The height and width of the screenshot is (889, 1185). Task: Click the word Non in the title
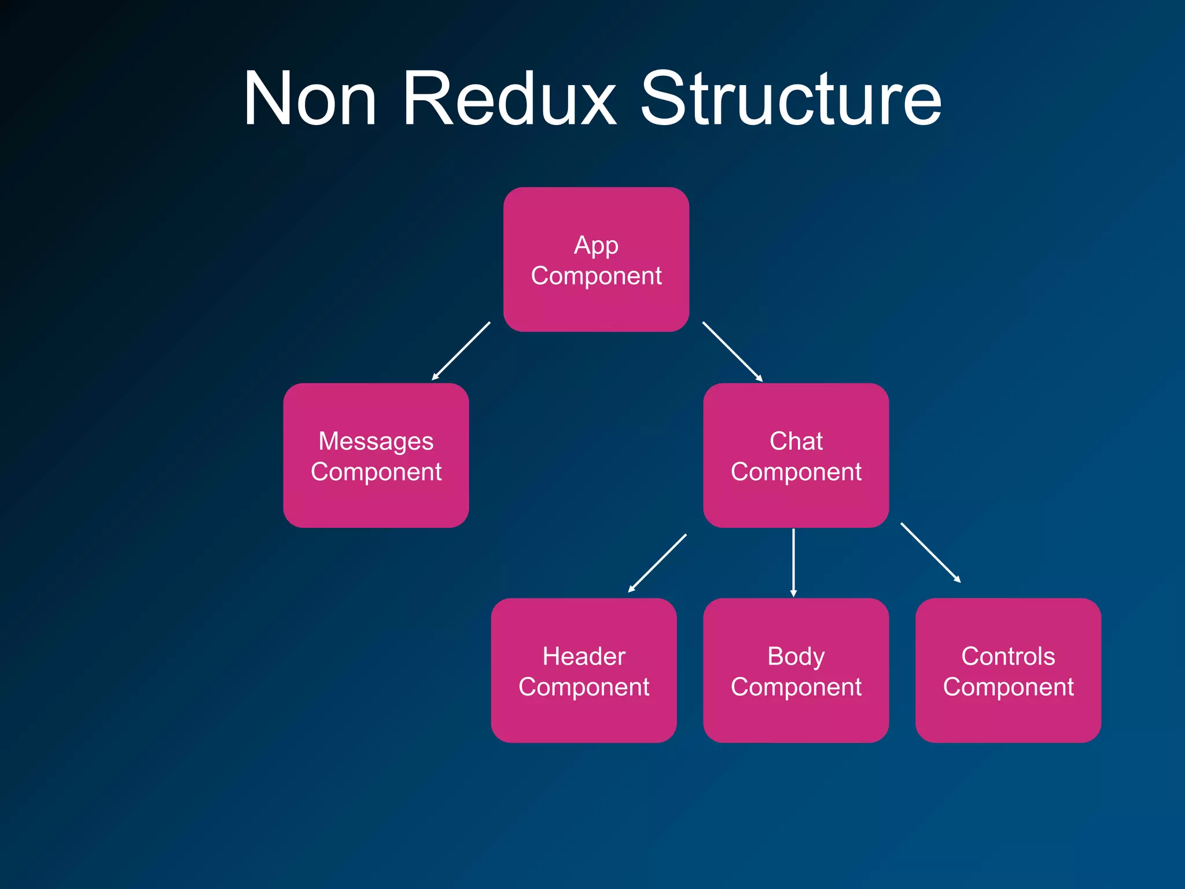[310, 99]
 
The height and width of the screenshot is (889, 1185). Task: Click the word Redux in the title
[509, 99]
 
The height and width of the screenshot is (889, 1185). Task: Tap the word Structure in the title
[790, 99]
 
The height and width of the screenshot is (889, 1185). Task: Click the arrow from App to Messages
[461, 351]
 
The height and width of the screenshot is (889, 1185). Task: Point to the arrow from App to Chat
[732, 351]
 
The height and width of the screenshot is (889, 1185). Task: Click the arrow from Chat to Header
[657, 563]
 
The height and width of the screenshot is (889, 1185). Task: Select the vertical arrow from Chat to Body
[793, 562]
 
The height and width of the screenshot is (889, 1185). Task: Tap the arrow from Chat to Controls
[930, 552]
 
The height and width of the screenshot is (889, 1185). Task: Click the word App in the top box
[596, 245]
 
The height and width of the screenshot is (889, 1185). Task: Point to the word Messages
[376, 442]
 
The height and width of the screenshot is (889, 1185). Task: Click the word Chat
[796, 442]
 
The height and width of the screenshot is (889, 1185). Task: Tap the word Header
[583, 656]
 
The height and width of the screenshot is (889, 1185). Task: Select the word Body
[796, 656]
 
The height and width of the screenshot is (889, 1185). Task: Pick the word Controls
[1007, 656]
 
